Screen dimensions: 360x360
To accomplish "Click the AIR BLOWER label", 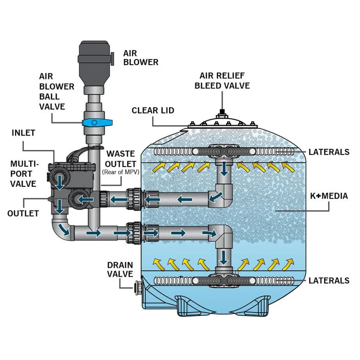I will point(140,57).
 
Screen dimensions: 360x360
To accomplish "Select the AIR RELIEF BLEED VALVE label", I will point(222,81).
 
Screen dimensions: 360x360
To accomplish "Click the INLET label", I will point(23,133).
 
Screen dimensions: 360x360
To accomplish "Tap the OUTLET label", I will point(23,213).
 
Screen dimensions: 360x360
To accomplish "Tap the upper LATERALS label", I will point(329,151).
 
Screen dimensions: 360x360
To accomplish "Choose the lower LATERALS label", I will point(329,281).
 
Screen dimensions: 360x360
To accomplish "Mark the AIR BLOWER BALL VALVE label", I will point(57,91).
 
